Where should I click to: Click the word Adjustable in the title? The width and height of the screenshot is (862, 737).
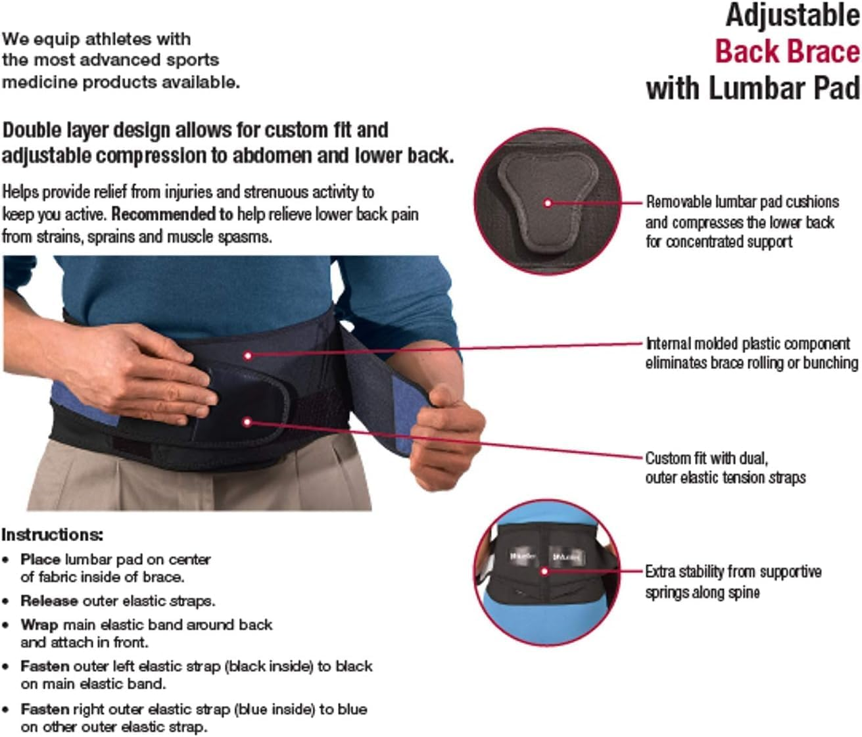792,16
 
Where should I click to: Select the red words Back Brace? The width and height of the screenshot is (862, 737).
787,52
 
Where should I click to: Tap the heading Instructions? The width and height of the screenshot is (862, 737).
53,535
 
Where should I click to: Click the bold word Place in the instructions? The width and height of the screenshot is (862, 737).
40,559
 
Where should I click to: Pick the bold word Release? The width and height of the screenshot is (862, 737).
49,601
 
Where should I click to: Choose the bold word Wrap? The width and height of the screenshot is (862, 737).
39,625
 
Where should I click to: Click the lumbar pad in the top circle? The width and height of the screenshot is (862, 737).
547,204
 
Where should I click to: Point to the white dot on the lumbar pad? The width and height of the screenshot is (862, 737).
548,203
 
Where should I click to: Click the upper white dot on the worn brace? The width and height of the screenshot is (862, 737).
248,356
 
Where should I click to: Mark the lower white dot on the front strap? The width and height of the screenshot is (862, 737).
247,421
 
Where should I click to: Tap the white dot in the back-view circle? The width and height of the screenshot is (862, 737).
544,571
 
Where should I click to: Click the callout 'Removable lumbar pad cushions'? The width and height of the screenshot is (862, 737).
742,202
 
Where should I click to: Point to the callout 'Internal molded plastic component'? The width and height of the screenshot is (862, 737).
748,344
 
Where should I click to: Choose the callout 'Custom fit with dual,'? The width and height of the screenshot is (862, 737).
706,458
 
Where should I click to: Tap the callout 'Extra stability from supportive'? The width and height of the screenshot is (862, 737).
733,571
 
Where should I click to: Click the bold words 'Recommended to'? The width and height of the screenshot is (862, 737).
172,214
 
